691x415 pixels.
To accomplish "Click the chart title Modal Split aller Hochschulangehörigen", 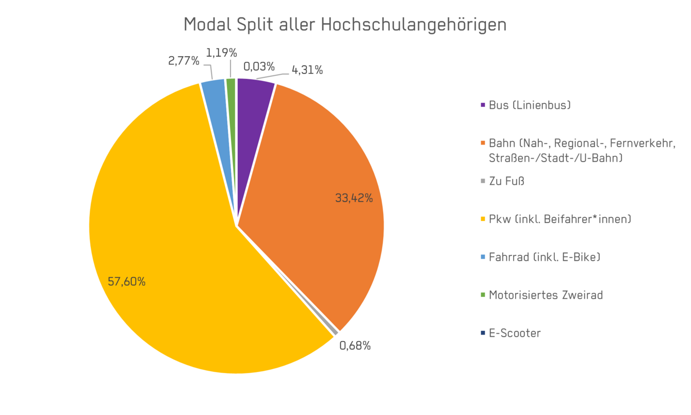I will [x=345, y=25].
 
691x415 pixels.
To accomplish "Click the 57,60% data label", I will [x=126, y=282].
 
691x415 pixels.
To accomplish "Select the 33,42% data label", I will [x=354, y=198].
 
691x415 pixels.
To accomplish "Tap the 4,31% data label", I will [x=307, y=70].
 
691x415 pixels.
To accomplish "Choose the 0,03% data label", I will [x=259, y=67].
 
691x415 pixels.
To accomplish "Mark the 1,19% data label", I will [x=221, y=53].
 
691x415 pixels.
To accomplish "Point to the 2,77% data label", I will [x=184, y=61].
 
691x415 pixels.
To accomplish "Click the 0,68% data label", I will [x=355, y=346].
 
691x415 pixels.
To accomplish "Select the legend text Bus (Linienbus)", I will [x=530, y=105].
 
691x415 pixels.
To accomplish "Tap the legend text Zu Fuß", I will [x=506, y=181].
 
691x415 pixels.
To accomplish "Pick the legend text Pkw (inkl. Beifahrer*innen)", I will [x=560, y=219].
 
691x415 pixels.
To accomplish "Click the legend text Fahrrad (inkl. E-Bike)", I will [x=545, y=257].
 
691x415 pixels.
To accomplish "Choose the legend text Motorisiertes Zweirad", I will [x=546, y=295].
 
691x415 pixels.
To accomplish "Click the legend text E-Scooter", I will [x=515, y=333].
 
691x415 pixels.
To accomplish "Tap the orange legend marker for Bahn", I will [x=483, y=143].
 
